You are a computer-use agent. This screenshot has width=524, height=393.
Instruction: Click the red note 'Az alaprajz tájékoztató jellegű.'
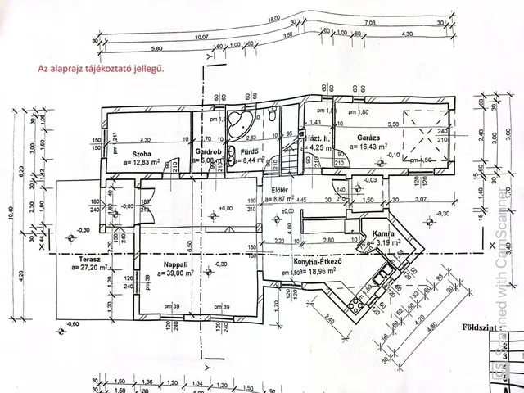point(102,70)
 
